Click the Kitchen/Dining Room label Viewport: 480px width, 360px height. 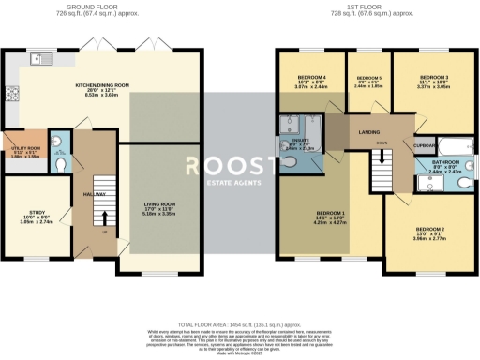[102, 85]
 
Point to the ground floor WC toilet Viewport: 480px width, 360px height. [59, 162]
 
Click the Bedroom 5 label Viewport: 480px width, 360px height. [367, 79]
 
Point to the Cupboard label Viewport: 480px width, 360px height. [425, 146]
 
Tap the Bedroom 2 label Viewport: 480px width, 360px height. [429, 229]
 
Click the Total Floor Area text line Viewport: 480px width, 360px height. [240, 322]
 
